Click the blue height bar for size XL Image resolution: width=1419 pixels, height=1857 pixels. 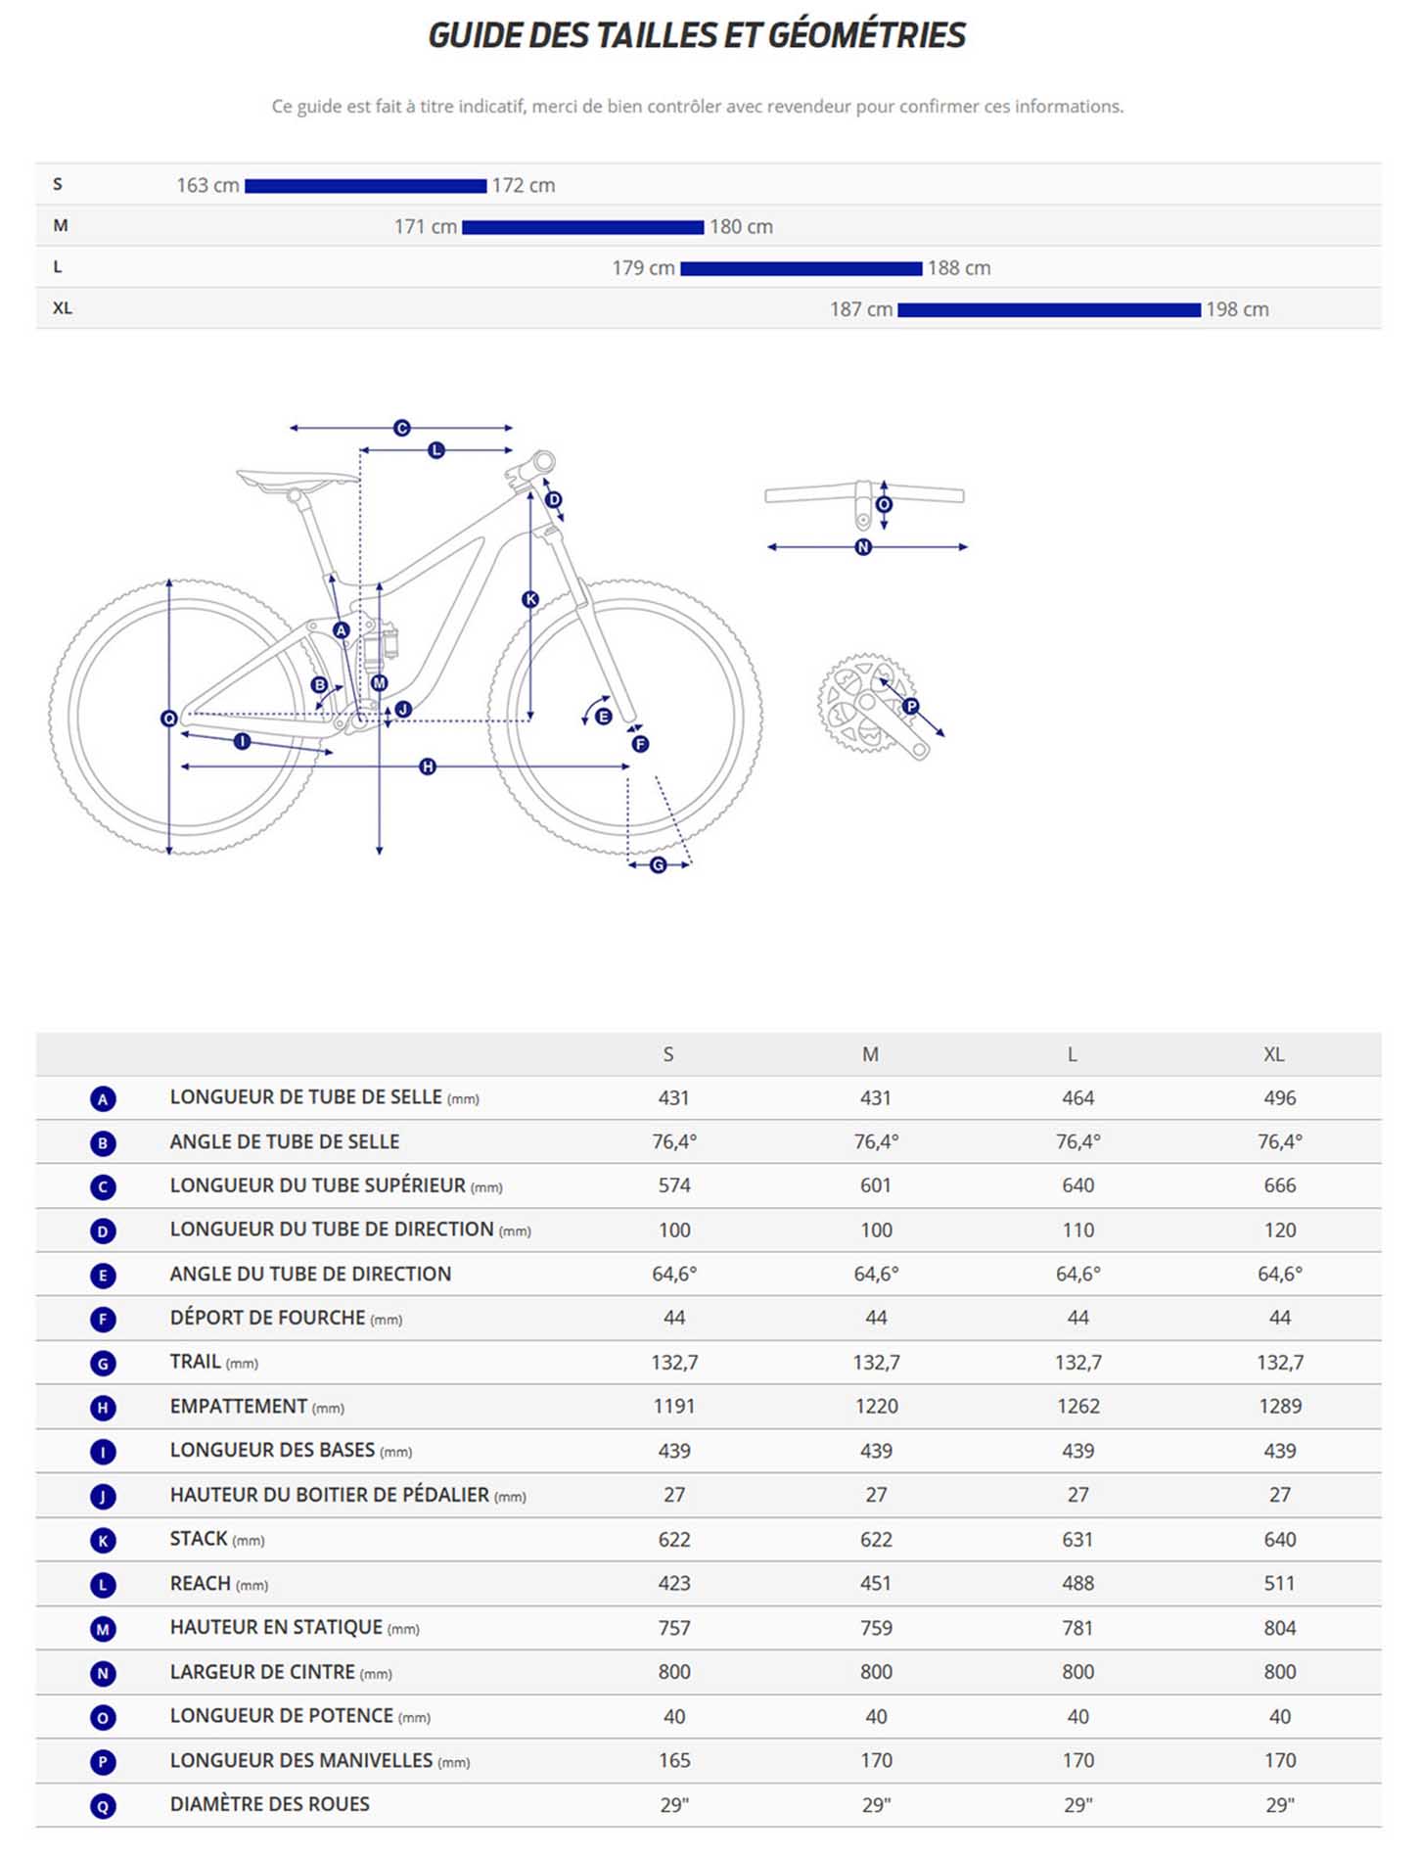click(1048, 309)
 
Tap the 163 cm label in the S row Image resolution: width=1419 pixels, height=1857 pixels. click(207, 185)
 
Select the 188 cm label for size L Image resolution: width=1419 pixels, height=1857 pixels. click(958, 267)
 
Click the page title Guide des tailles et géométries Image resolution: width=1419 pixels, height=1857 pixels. click(697, 35)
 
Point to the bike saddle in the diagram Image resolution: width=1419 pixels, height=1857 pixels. click(297, 479)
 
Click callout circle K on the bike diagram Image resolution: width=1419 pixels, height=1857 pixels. click(530, 599)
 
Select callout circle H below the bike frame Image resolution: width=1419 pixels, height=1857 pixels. click(428, 766)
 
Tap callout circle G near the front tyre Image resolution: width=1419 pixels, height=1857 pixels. click(658, 864)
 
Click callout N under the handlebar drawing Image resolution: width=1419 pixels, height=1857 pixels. click(863, 547)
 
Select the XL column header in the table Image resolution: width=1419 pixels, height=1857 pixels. click(1273, 1054)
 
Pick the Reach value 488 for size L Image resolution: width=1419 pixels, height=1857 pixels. click(1077, 1583)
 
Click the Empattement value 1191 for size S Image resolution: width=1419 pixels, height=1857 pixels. click(674, 1406)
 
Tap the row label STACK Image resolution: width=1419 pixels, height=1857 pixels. click(199, 1539)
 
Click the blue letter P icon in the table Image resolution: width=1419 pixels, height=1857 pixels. click(103, 1762)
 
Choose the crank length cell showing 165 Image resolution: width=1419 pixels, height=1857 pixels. click(674, 1760)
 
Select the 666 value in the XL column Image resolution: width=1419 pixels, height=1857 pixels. click(1279, 1185)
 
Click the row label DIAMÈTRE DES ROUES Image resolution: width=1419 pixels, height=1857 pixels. click(270, 1804)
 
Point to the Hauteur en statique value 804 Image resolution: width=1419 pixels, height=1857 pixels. click(1279, 1628)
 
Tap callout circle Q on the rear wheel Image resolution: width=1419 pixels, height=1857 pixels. click(168, 719)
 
